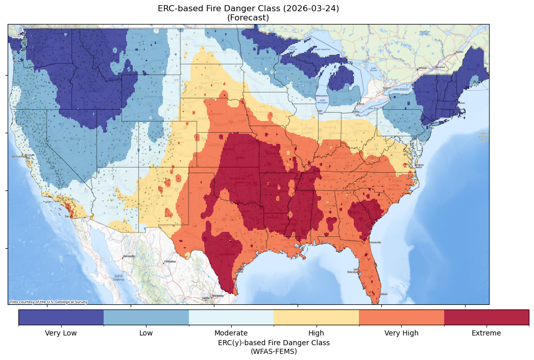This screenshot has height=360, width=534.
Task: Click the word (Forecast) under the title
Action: coord(248,18)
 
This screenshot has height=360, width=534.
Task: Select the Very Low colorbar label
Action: coord(61,333)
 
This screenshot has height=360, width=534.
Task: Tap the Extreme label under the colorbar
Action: coord(486,333)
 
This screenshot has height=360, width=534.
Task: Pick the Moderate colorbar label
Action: coord(231,333)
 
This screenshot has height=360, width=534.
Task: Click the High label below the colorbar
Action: coord(316,333)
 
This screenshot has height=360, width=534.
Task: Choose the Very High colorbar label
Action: coord(401,333)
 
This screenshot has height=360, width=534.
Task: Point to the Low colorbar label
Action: coord(146,333)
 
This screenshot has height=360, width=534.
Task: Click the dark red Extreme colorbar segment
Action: coord(486,317)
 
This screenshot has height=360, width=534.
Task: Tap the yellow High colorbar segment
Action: coord(316,317)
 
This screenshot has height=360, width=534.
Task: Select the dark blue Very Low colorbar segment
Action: coord(61,317)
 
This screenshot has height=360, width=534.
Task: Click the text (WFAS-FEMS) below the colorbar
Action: coord(274,351)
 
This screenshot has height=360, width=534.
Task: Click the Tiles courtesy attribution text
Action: coord(48,302)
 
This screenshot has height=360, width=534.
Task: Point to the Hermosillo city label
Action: coord(129,256)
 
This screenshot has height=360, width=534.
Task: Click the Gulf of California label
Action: coord(118,278)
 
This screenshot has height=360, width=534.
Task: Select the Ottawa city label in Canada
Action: coord(422,68)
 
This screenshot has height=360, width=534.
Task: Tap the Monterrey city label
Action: coord(218,296)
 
